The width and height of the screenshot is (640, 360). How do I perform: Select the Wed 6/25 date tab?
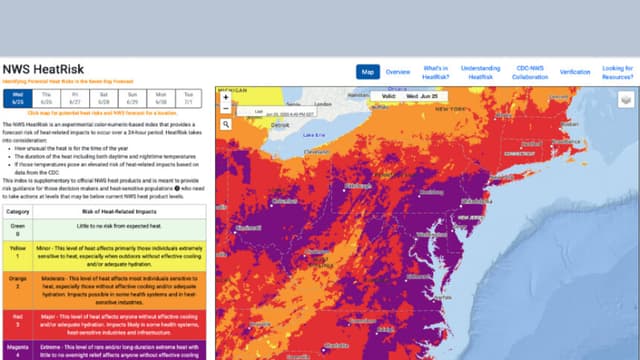click(x=17, y=98)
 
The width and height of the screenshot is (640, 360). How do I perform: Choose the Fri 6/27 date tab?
click(x=75, y=98)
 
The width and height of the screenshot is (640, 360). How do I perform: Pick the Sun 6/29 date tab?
click(x=133, y=98)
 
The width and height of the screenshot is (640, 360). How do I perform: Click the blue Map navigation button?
click(x=367, y=72)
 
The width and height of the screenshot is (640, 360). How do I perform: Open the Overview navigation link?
click(x=398, y=72)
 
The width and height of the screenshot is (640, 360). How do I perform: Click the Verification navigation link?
click(x=575, y=72)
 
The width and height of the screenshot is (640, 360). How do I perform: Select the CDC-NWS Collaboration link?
click(x=531, y=72)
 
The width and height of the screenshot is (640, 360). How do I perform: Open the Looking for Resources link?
click(x=617, y=72)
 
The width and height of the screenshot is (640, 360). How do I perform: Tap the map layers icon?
click(x=625, y=99)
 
